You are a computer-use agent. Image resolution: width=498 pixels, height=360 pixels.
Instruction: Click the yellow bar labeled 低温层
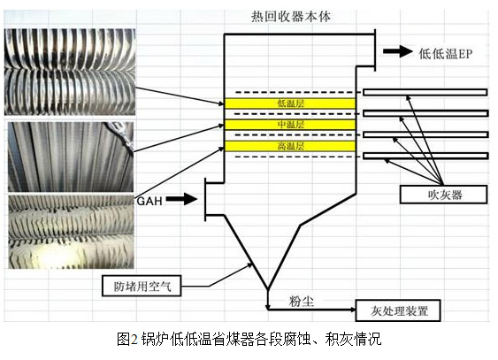(x=289, y=103)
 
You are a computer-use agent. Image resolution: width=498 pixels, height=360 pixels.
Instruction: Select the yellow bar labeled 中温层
(x=289, y=125)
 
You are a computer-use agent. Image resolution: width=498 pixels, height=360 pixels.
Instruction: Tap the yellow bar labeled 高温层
(x=289, y=146)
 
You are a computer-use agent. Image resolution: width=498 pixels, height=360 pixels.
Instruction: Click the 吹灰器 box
(x=443, y=195)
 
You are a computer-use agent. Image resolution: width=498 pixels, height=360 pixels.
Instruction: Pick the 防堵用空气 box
(x=142, y=286)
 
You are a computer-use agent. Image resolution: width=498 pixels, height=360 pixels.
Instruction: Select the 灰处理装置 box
(x=398, y=310)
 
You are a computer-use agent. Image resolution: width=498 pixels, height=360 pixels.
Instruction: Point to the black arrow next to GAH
(x=181, y=199)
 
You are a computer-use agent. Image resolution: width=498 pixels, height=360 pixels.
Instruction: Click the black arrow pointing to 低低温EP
(x=398, y=51)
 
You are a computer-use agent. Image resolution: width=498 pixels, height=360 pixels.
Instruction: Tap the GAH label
(x=149, y=201)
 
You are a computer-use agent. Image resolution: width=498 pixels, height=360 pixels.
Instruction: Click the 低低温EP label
(x=446, y=54)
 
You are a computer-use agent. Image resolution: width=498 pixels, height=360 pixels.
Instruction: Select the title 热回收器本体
(x=291, y=17)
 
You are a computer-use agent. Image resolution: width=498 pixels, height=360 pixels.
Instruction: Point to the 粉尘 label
(x=301, y=301)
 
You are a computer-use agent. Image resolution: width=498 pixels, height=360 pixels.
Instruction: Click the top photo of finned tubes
(x=70, y=72)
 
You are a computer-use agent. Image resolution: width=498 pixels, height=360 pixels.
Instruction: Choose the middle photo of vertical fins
(x=71, y=157)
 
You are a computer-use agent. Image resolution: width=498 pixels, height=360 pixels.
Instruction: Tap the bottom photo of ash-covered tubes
(x=71, y=232)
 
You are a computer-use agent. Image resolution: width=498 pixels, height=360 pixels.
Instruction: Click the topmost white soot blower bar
(x=425, y=92)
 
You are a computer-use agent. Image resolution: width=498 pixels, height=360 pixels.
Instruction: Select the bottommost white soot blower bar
(x=425, y=156)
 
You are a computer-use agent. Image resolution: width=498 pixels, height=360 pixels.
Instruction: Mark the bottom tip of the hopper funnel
(x=268, y=289)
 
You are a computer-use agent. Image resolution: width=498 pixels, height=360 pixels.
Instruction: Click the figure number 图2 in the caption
(x=127, y=339)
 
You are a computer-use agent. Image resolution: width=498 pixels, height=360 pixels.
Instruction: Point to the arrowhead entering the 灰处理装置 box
(x=353, y=310)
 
